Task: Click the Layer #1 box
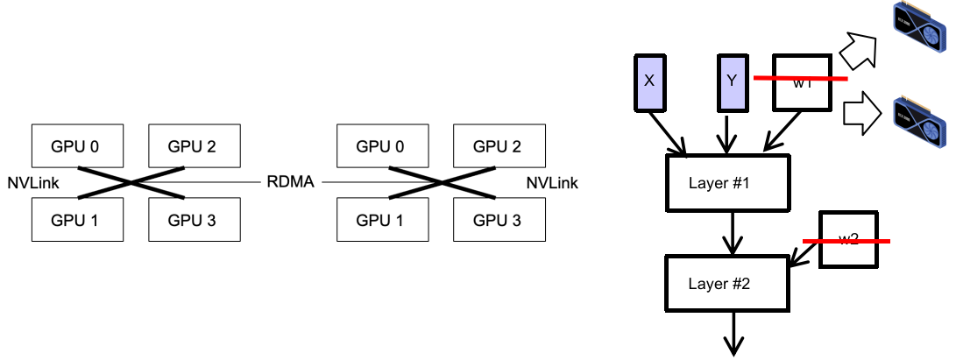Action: (730, 183)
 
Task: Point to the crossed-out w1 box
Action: (801, 84)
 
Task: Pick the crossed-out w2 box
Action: (847, 239)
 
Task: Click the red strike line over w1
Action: (801, 79)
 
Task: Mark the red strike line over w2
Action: (847, 241)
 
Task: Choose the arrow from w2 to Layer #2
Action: (804, 254)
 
